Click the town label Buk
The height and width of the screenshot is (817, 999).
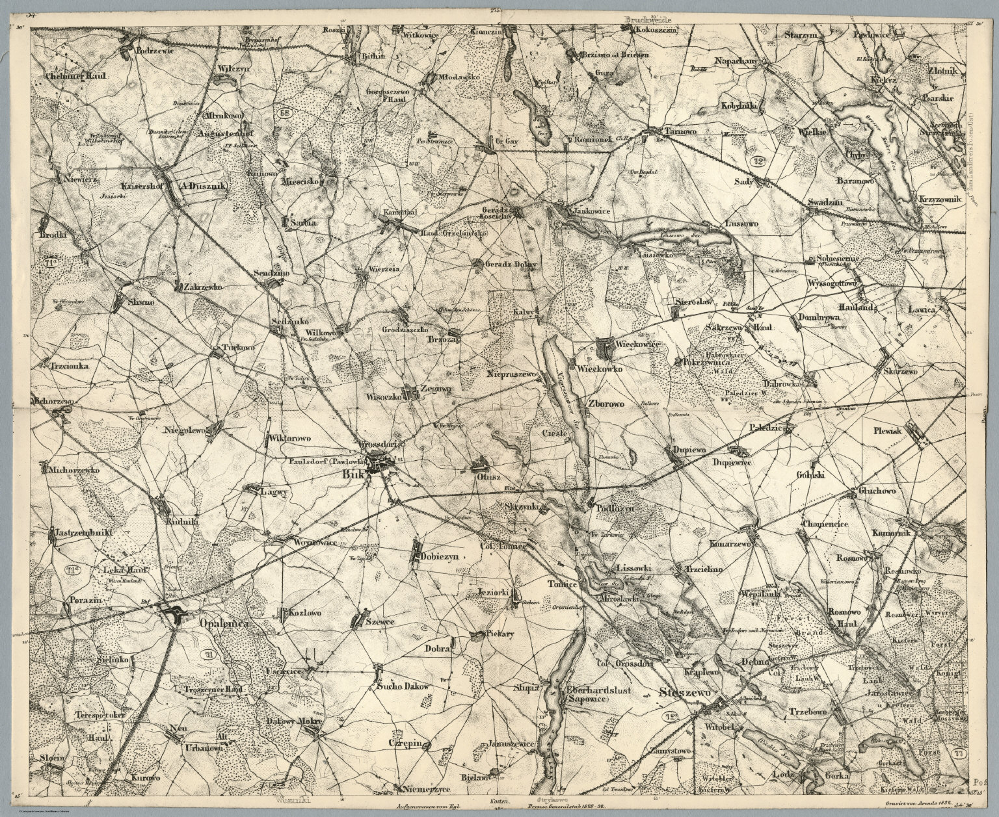352,474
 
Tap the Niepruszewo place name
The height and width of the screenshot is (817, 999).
514,376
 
